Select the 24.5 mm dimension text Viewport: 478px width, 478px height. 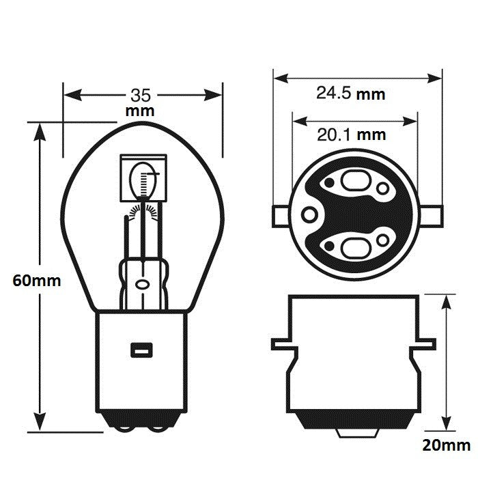pyautogui.click(x=350, y=94)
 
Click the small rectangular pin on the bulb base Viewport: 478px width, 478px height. pyautogui.click(x=141, y=350)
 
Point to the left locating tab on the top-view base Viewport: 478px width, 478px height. pyautogui.click(x=281, y=215)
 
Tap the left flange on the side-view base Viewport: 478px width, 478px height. pyautogui.click(x=283, y=343)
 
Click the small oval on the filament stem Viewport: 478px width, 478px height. pyautogui.click(x=143, y=283)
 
